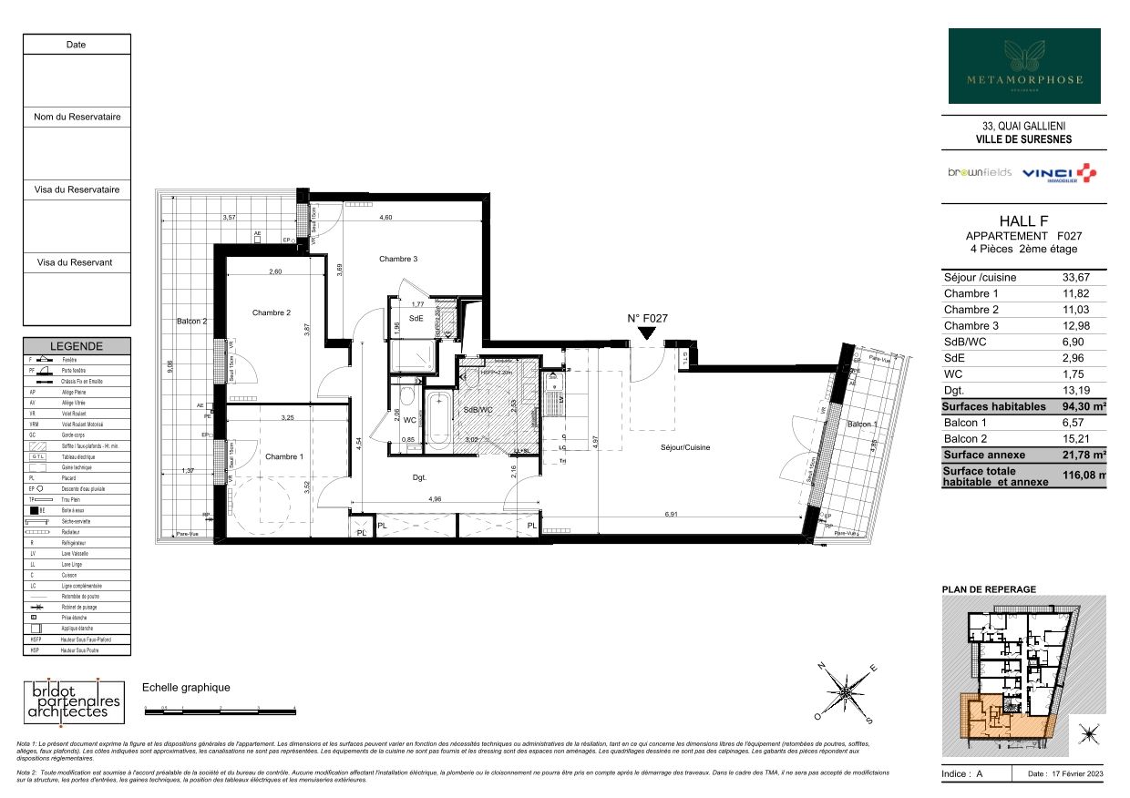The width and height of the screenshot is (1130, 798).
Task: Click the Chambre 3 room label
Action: click(397, 260)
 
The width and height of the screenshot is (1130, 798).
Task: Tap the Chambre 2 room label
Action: click(271, 312)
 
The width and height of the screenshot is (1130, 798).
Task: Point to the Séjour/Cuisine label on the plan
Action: click(685, 447)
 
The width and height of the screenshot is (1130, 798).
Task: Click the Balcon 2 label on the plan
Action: click(191, 322)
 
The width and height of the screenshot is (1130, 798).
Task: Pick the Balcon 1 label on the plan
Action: click(862, 425)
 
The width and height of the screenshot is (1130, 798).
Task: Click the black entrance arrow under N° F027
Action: click(647, 334)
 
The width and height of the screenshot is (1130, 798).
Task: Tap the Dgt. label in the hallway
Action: click(420, 476)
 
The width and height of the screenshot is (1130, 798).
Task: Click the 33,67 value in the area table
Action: click(1076, 278)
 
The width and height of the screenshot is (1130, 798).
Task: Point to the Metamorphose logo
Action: click(1024, 66)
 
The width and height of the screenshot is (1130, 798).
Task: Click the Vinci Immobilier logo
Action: click(1058, 173)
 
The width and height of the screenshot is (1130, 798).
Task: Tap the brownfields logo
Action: click(979, 173)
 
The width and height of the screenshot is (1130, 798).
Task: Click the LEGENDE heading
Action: click(77, 346)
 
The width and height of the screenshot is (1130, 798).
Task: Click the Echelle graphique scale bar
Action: click(221, 708)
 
